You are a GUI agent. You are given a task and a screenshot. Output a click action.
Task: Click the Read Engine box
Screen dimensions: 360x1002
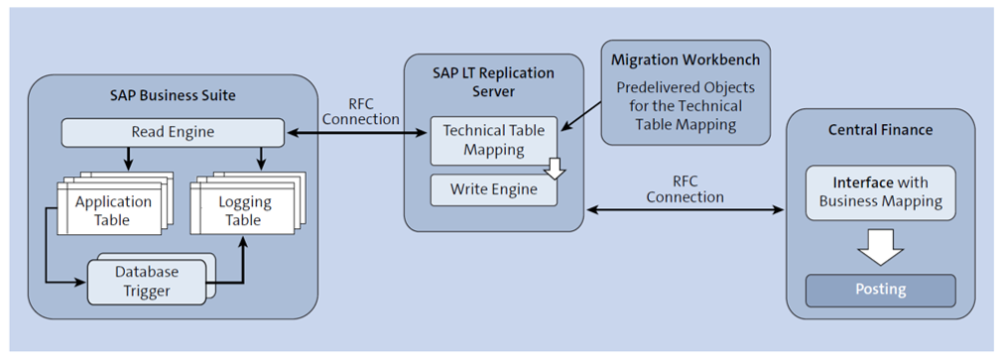173,131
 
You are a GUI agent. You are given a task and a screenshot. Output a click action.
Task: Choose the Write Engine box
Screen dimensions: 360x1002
493,189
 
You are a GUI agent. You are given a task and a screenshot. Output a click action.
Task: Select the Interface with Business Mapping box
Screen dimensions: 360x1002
880,192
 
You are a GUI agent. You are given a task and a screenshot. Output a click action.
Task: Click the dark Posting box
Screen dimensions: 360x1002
880,290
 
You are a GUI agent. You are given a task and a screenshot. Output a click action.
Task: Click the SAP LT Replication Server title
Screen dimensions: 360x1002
493,81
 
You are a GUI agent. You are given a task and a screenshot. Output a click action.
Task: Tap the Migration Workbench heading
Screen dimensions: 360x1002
686,61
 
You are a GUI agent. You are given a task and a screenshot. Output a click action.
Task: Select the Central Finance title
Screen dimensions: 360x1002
880,131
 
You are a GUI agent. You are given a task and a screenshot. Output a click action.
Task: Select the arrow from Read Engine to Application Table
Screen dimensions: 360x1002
127,158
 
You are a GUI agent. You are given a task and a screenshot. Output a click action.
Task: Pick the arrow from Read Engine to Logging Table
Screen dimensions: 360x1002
260,158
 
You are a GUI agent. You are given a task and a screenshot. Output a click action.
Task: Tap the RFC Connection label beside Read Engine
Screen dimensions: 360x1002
359,110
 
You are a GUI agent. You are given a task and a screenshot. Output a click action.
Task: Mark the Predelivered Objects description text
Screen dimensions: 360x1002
686,105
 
